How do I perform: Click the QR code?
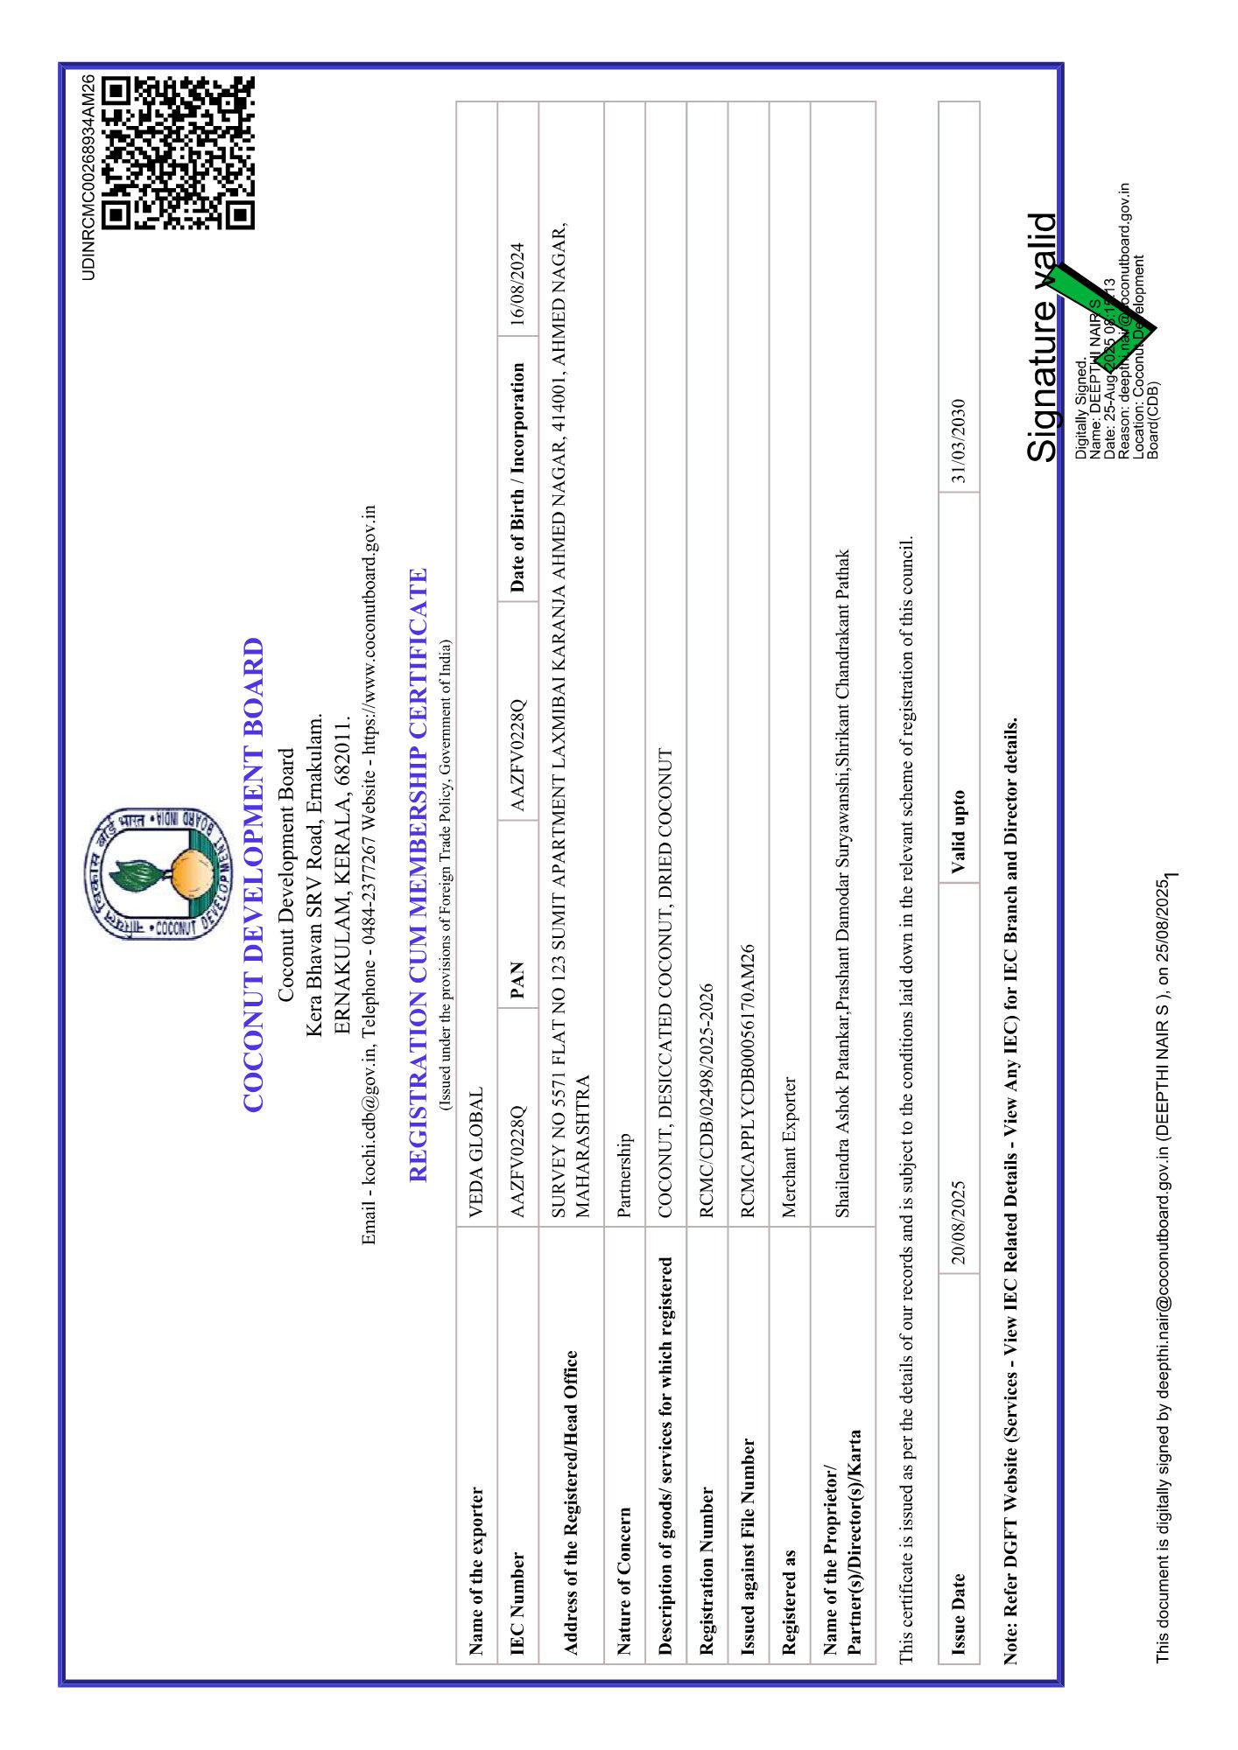(x=178, y=153)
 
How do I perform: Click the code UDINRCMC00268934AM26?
(x=88, y=178)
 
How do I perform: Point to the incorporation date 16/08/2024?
(x=517, y=284)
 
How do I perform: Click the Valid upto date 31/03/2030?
(x=959, y=441)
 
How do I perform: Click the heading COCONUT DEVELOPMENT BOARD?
(x=253, y=874)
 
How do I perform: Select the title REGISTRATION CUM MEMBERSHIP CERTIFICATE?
(x=419, y=874)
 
